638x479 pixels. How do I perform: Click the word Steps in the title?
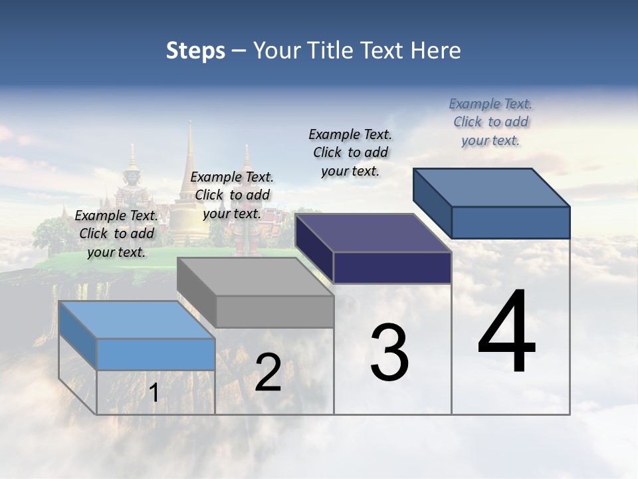195,51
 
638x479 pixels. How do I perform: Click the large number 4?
506,333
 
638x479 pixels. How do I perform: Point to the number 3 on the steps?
389,353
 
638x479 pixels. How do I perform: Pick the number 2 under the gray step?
268,373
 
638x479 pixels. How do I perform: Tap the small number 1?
154,393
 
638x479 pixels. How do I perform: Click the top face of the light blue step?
136,320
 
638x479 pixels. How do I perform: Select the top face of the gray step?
255,277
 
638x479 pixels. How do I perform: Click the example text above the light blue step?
116,234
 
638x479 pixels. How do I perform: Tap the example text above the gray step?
232,195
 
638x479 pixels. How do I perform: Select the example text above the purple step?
350,152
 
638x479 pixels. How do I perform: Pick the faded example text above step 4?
490,122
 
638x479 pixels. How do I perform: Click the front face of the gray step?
275,311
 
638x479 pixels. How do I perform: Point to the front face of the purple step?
392,267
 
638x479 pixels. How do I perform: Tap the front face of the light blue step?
156,354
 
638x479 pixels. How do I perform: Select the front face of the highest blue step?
510,222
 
